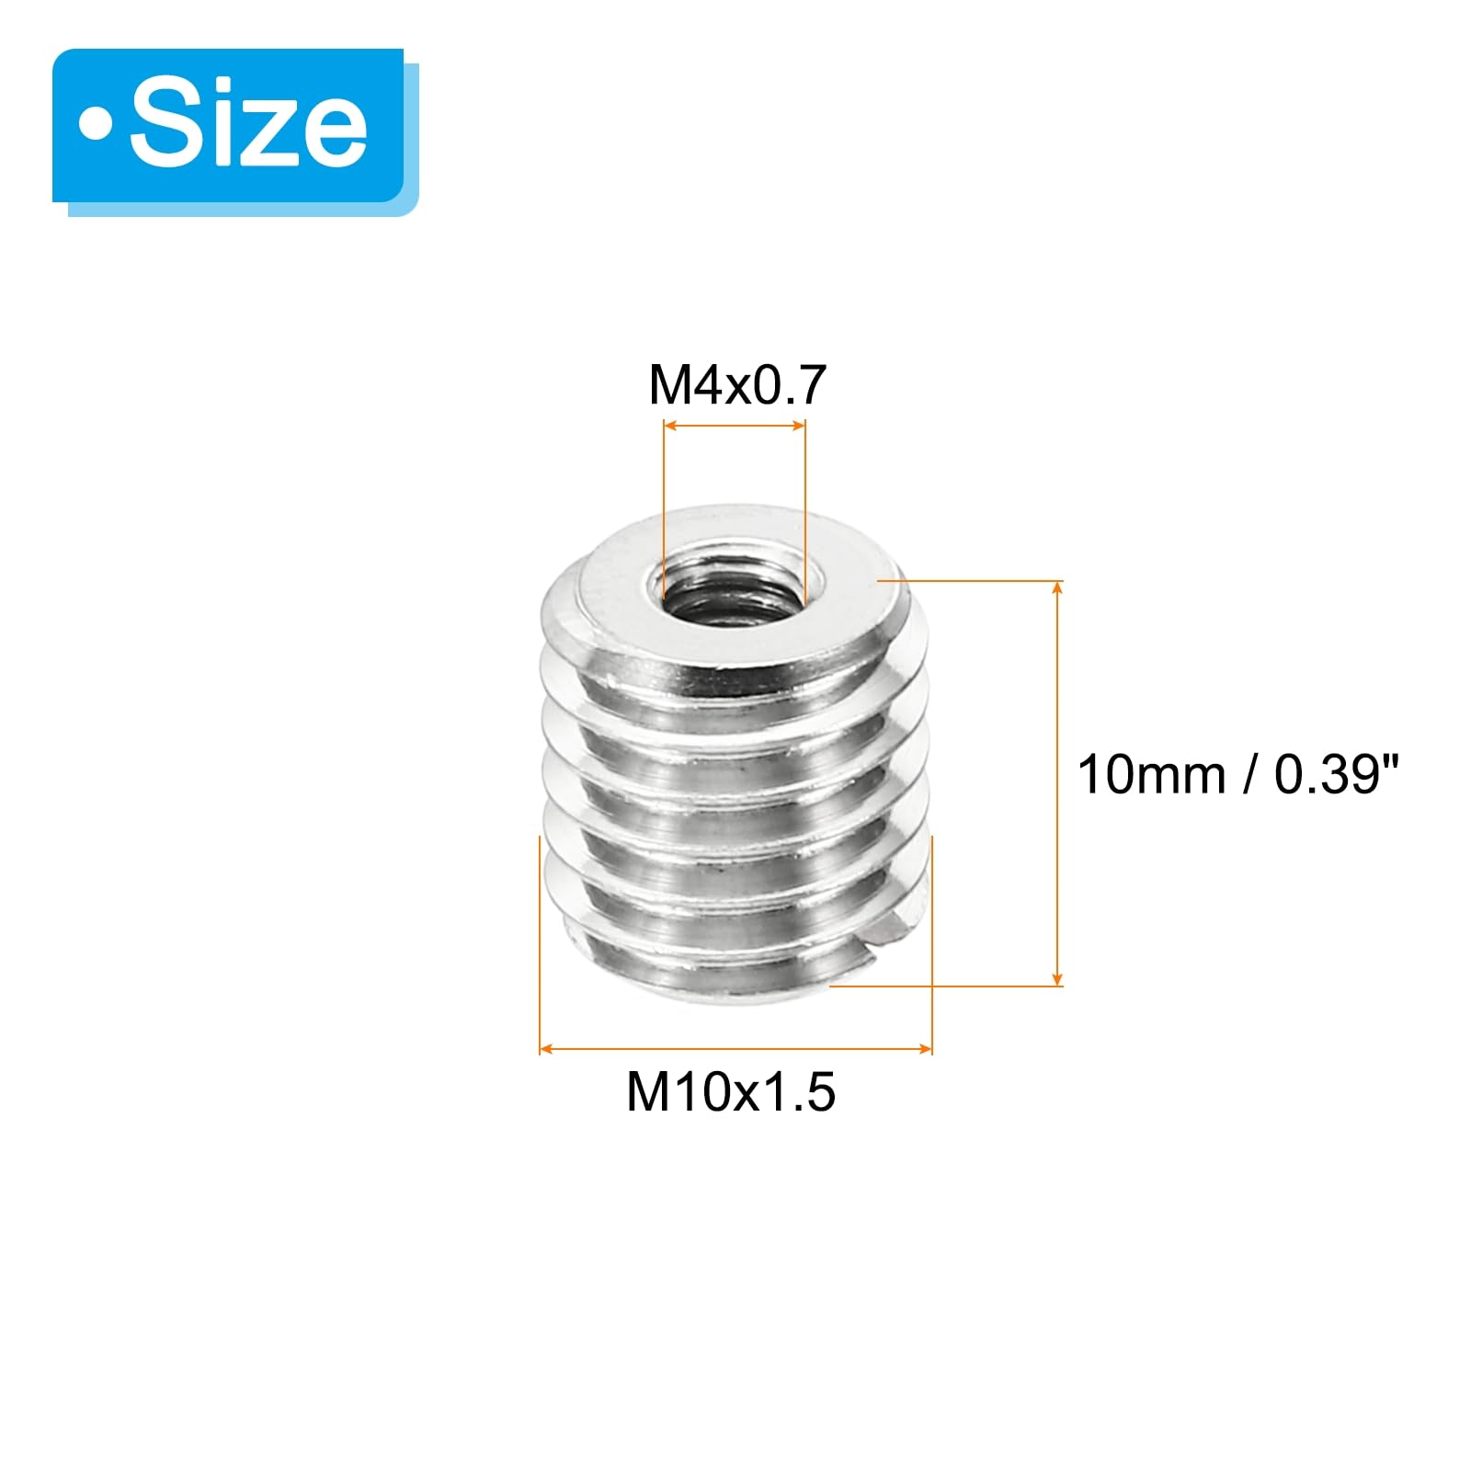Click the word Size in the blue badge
[x=248, y=127]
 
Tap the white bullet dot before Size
[x=94, y=126]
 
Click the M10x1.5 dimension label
[x=731, y=1092]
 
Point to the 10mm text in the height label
[x=1152, y=774]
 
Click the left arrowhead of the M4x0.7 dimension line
[x=670, y=426]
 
